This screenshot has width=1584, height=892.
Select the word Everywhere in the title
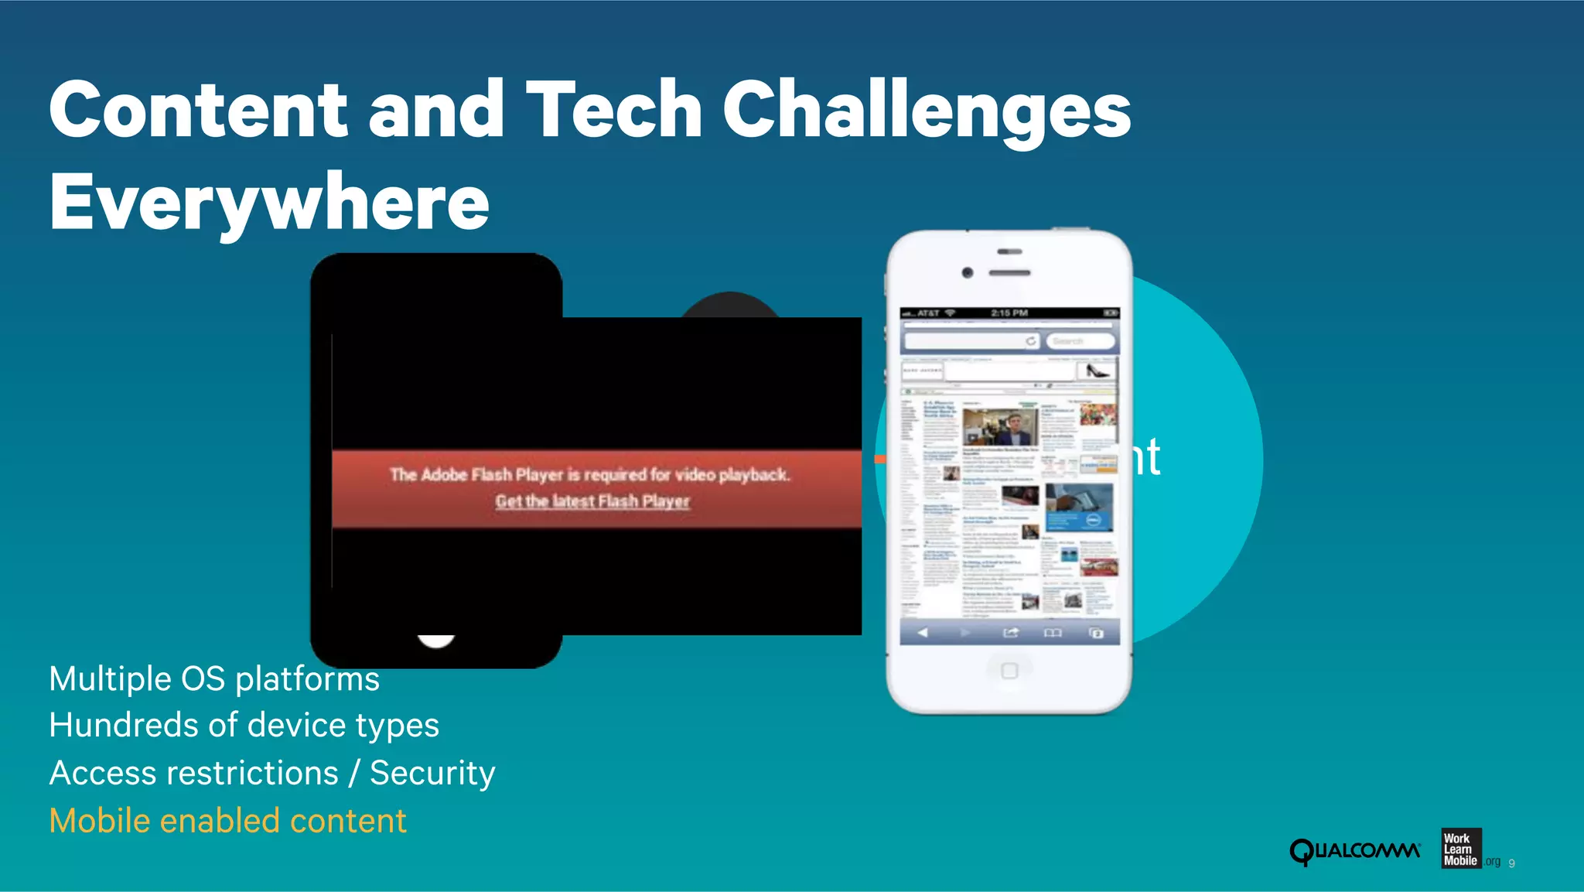point(269,203)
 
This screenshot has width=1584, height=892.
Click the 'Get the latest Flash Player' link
point(592,501)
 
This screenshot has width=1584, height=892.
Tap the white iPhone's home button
point(1009,670)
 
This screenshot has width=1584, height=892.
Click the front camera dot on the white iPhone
point(967,272)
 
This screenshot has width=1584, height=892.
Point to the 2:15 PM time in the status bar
point(1009,313)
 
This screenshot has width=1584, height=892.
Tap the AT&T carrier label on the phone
point(928,313)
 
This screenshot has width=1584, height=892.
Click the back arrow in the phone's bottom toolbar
point(923,633)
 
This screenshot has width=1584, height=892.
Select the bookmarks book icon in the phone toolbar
point(1053,633)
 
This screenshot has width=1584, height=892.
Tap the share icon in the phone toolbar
point(1011,633)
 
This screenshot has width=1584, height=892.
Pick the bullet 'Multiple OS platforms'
point(214,679)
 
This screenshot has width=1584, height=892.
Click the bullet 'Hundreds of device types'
point(244,726)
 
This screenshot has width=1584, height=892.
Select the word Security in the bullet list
point(432,773)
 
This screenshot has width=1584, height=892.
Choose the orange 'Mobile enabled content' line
point(227,821)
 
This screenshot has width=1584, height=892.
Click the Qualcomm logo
point(1354,851)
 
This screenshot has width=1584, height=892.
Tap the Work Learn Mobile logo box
point(1461,849)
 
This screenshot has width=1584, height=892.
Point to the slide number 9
point(1512,863)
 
